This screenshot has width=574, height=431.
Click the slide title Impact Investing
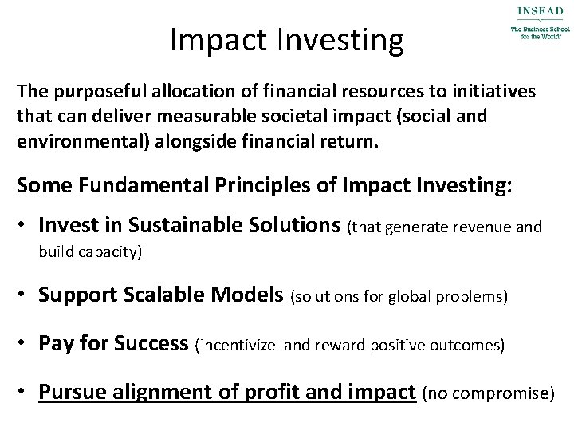[287, 40]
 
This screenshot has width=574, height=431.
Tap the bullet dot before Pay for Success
[26, 345]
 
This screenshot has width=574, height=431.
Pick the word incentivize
[239, 346]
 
